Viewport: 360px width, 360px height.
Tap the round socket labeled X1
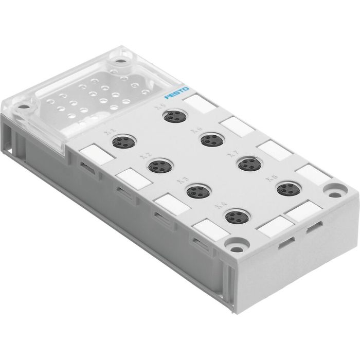[x=123, y=140]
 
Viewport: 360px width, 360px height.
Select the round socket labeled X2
[x=158, y=166]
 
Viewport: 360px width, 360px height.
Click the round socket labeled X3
[x=195, y=191]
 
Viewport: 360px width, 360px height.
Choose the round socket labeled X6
[x=209, y=139]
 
